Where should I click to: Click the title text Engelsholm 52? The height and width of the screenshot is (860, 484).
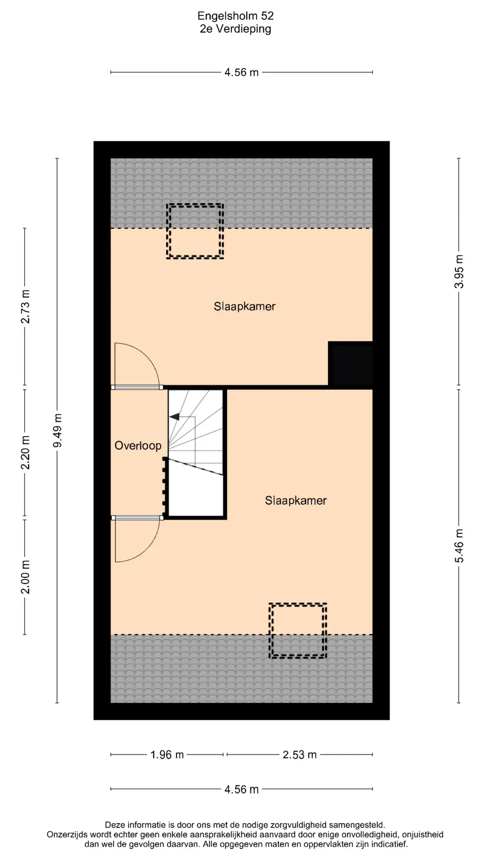point(235,16)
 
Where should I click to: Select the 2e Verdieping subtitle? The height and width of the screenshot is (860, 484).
point(235,29)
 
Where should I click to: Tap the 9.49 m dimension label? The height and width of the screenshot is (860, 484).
point(57,430)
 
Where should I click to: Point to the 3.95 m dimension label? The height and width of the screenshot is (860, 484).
point(459,271)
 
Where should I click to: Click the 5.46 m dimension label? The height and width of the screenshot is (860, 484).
point(459,546)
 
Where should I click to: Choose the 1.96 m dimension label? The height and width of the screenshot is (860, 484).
point(167,755)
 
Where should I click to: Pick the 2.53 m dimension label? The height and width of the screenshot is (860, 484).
point(299,755)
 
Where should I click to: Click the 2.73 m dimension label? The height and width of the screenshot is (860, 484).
point(25,306)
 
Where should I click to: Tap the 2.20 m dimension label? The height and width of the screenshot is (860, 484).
point(25,452)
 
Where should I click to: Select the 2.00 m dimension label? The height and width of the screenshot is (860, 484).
point(25,577)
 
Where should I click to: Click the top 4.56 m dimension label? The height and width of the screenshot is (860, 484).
point(242,73)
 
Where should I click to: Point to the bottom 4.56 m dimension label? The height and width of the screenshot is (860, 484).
point(242,789)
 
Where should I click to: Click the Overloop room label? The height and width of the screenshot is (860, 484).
point(138,446)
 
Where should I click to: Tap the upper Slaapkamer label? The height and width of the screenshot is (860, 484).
point(245,306)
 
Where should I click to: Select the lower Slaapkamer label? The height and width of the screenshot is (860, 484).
point(296,500)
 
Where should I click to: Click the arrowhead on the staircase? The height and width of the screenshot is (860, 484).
point(174,417)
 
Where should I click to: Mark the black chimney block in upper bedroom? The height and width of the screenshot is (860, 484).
point(350,363)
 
